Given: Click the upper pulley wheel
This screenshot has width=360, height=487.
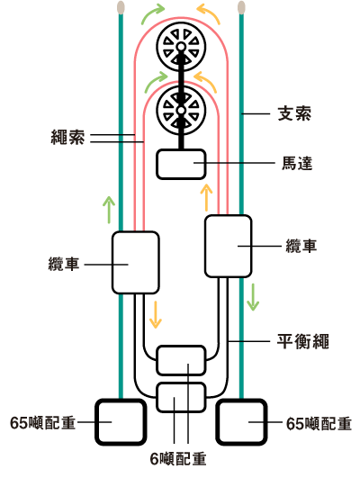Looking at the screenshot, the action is pyautogui.click(x=181, y=47).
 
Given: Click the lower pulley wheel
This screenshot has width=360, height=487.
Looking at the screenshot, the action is pyautogui.click(x=181, y=110).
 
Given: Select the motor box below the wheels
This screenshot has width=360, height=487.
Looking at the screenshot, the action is pyautogui.click(x=181, y=165).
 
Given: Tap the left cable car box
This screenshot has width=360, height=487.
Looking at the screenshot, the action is pyautogui.click(x=135, y=263).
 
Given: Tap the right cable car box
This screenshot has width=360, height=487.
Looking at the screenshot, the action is pyautogui.click(x=229, y=246).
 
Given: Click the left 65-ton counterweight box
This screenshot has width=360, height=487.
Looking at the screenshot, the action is pyautogui.click(x=121, y=422).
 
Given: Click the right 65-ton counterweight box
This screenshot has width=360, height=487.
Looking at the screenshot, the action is pyautogui.click(x=242, y=422).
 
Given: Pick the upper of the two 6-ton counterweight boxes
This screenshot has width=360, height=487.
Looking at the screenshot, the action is pyautogui.click(x=181, y=360).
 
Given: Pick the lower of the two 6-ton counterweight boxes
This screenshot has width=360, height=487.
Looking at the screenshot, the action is pyautogui.click(x=181, y=397).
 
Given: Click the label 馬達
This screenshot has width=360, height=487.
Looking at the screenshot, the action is pyautogui.click(x=297, y=163).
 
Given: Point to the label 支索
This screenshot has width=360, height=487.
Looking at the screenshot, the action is pyautogui.click(x=294, y=113).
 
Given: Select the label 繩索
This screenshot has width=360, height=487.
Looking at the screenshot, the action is pyautogui.click(x=67, y=137).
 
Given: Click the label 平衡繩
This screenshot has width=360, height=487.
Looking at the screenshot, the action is pyautogui.click(x=302, y=342).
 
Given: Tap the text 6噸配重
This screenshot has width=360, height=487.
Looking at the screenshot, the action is pyautogui.click(x=178, y=459).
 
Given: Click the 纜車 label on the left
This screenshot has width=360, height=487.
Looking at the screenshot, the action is pyautogui.click(x=64, y=264).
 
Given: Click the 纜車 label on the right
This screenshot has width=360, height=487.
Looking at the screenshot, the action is pyautogui.click(x=301, y=246).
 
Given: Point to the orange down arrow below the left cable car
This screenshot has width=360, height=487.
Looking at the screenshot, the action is pyautogui.click(x=156, y=314).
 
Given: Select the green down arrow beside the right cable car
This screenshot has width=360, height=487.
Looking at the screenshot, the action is pyautogui.click(x=253, y=297).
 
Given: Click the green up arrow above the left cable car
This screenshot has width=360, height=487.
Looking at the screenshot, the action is pyautogui.click(x=109, y=210).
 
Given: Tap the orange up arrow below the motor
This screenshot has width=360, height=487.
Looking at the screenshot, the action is pyautogui.click(x=206, y=198).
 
